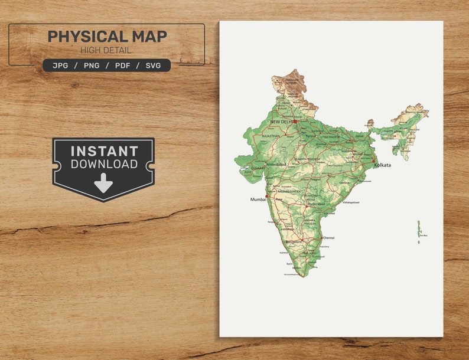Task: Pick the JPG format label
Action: tap(60, 66)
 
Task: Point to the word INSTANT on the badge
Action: tap(104, 151)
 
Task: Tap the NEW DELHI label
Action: tap(282, 122)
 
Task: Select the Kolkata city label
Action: tap(382, 165)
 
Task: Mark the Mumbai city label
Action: tap(258, 200)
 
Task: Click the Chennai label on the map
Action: tap(328, 238)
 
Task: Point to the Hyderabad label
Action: tap(316, 204)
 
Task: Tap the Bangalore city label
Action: tap(293, 242)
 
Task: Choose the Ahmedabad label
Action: tap(276, 165)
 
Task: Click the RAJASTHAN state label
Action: tap(271, 136)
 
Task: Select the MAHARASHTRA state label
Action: tap(289, 192)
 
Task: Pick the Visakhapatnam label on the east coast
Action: tap(351, 202)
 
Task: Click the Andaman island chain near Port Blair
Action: tap(419, 230)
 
